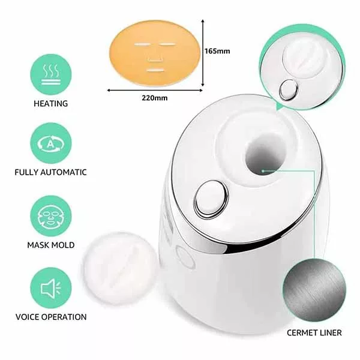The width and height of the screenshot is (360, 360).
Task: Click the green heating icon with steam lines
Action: pyautogui.click(x=51, y=74)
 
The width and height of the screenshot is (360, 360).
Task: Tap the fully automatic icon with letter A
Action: pyautogui.click(x=51, y=143)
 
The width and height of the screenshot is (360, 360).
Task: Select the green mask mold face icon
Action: pyautogui.click(x=51, y=216)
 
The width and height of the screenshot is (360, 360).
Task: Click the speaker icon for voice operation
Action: pyautogui.click(x=51, y=288)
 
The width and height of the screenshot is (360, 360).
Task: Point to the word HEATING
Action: pyautogui.click(x=51, y=104)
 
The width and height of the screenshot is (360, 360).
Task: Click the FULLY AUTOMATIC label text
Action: pyautogui.click(x=51, y=172)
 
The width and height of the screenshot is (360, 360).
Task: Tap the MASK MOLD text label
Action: pyautogui.click(x=51, y=245)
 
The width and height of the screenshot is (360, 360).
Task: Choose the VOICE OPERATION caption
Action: pyautogui.click(x=51, y=317)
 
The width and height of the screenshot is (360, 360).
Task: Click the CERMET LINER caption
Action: pyautogui.click(x=314, y=332)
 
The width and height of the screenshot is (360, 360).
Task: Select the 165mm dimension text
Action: pyautogui.click(x=217, y=51)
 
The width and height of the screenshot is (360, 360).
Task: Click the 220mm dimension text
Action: pyautogui.click(x=155, y=98)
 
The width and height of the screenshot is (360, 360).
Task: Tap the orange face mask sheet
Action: pyautogui.click(x=154, y=53)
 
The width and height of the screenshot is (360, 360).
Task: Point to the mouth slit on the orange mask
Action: pyautogui.click(x=155, y=70)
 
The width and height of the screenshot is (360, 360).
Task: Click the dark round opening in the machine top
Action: pyautogui.click(x=266, y=155)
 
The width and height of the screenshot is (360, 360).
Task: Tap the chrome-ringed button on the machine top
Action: pyautogui.click(x=211, y=199)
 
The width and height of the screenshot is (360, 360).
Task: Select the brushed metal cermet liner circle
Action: pyautogui.click(x=314, y=290)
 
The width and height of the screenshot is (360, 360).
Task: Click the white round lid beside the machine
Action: pyautogui.click(x=120, y=268)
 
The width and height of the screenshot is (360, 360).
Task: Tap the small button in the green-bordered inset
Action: pyautogui.click(x=289, y=89)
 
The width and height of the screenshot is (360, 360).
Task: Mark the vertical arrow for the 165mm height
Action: pyautogui.click(x=203, y=53)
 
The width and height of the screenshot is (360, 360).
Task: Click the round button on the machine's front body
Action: pyautogui.click(x=185, y=257)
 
